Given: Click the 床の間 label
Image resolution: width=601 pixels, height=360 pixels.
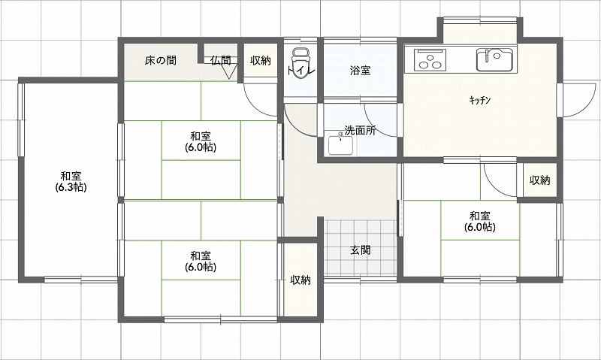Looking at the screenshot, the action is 161,60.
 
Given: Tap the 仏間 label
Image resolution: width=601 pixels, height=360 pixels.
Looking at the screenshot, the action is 221,60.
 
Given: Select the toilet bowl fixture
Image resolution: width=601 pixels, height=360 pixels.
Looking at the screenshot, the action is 300,63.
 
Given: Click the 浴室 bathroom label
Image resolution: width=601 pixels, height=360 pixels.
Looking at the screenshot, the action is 360,70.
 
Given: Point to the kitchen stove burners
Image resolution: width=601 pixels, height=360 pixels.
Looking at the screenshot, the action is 430,60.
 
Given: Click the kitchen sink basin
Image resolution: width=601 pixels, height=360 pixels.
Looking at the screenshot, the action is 495,60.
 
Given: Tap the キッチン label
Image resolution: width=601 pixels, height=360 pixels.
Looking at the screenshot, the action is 479,101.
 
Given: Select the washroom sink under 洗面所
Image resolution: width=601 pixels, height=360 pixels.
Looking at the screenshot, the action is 340,144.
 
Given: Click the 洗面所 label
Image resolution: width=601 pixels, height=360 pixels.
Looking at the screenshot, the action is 360,130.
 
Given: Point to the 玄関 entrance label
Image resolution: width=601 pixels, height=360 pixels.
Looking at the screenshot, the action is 360,250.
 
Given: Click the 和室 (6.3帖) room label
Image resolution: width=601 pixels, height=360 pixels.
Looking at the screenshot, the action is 71,181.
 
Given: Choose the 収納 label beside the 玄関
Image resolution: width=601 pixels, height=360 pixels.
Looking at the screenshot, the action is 300,280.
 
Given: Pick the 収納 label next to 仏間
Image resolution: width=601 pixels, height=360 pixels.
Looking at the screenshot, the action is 261,60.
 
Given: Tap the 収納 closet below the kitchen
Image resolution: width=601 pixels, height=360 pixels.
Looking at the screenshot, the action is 539,180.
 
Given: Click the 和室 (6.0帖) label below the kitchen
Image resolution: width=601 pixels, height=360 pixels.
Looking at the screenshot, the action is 480,221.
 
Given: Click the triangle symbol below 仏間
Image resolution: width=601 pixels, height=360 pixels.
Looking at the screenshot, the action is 229,71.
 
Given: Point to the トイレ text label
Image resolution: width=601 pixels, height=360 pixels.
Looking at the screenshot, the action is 301,71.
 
